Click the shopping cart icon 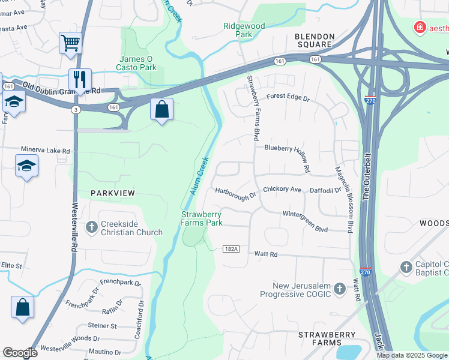click(x=70, y=44)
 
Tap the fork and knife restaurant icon click(x=79, y=79)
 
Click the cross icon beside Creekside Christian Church click(x=92, y=227)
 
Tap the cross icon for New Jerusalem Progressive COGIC click(x=339, y=289)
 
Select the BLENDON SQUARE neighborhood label click(x=313, y=40)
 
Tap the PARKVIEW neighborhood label click(x=113, y=193)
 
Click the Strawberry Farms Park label click(x=202, y=218)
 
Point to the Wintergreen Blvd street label click(x=305, y=213)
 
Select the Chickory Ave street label click(x=282, y=189)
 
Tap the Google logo click(x=20, y=353)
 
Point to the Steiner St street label click(x=102, y=326)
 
